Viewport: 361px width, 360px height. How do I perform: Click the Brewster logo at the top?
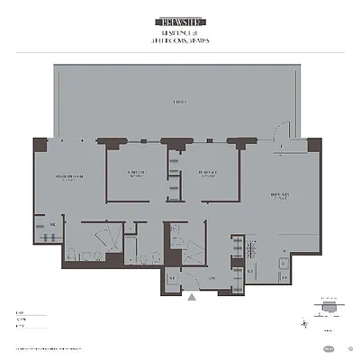pos(180,17)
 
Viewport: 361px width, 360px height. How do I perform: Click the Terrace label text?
pos(181,103)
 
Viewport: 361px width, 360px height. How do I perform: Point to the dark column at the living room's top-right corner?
pos(313,145)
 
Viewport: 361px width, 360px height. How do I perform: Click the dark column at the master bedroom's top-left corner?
pos(40,145)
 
